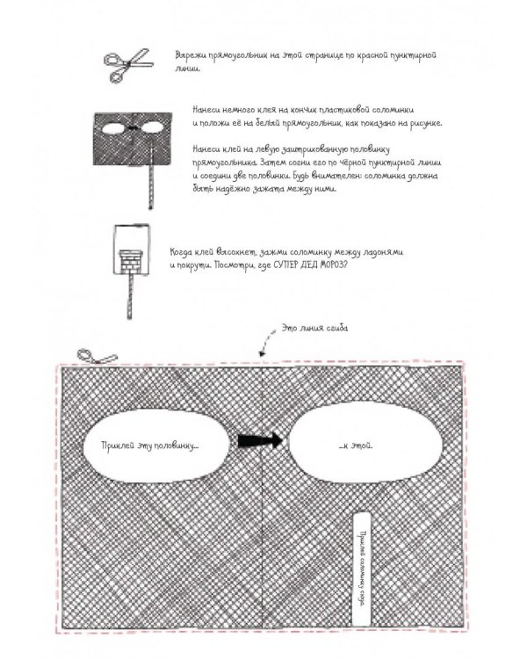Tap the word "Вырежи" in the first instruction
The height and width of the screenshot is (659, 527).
[189, 55]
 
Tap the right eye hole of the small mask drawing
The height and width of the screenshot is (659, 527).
[149, 129]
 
